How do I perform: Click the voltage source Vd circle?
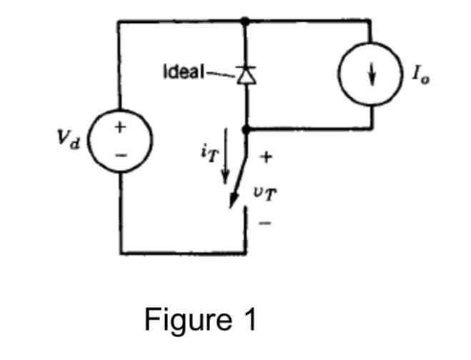point(119,141)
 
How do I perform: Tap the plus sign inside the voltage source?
point(119,128)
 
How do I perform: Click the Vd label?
point(69,139)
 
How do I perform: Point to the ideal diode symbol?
point(246,74)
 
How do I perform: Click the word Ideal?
point(184,72)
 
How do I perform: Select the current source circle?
point(370,74)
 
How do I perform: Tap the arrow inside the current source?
point(370,75)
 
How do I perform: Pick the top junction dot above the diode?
point(246,21)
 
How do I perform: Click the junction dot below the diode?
point(246,129)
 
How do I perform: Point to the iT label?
point(208,152)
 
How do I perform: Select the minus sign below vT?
point(264,224)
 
